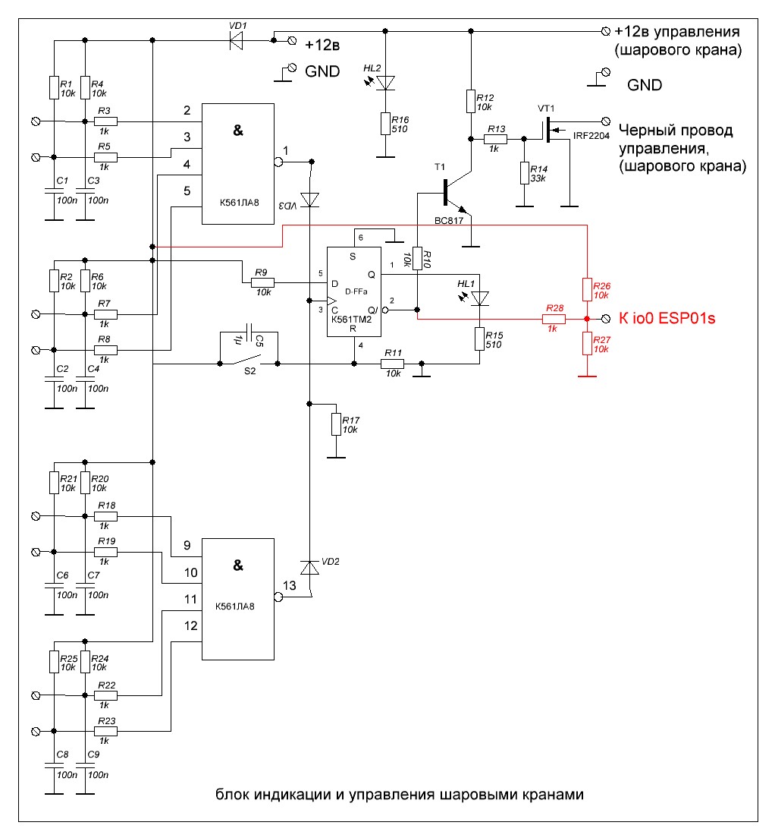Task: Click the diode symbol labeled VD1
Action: (237, 39)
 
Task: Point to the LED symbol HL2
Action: (386, 82)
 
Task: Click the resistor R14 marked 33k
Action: (523, 172)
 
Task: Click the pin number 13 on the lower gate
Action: (289, 585)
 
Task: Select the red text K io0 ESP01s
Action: (667, 319)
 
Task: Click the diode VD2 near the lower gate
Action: (309, 568)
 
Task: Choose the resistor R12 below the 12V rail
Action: (471, 101)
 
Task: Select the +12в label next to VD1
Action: (322, 45)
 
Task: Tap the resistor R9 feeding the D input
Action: (262, 282)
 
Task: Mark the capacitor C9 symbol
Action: (85, 767)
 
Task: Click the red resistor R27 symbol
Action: (587, 344)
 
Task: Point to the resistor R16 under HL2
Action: (386, 124)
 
